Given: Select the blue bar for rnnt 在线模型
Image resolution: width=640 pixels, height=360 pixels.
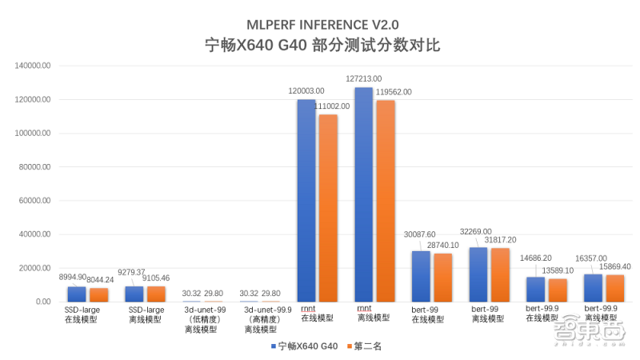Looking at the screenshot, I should (x=306, y=200).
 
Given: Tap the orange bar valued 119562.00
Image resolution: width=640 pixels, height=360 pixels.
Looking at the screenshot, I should (x=386, y=201).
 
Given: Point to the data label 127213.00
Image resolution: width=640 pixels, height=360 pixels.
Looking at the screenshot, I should (x=365, y=79).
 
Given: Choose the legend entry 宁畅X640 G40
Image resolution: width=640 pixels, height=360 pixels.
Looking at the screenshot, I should (x=303, y=346).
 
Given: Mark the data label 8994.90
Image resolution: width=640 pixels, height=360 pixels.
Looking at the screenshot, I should (x=73, y=276).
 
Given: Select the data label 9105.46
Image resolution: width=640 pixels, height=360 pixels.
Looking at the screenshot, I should (x=156, y=278).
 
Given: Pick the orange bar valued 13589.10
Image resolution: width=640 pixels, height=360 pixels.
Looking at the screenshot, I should (x=558, y=290).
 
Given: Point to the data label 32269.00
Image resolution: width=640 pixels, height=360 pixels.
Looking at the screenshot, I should (x=476, y=231).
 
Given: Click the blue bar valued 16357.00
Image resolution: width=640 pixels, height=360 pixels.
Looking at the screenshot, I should (x=592, y=288).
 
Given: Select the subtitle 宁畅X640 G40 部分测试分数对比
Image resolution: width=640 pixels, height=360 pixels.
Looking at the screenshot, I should (x=319, y=45).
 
